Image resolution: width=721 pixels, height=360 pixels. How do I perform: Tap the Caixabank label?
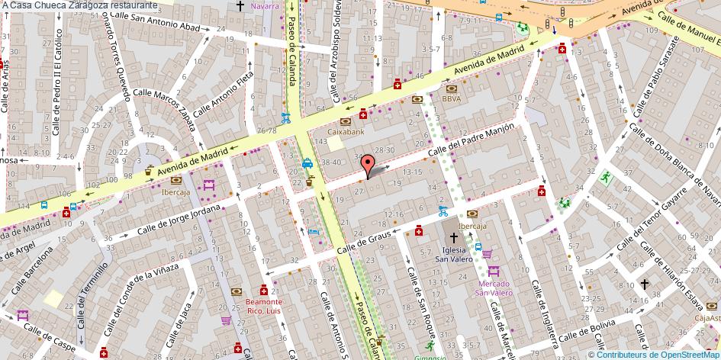coord(348,131)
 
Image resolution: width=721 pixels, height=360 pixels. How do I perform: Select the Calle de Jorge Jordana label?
coord(179,220)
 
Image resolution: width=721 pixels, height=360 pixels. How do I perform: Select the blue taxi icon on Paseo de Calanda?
coord(307,162)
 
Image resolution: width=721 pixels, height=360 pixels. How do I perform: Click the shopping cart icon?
coord(226,321)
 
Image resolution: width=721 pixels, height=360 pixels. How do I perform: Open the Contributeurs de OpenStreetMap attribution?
coord(658,354)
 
